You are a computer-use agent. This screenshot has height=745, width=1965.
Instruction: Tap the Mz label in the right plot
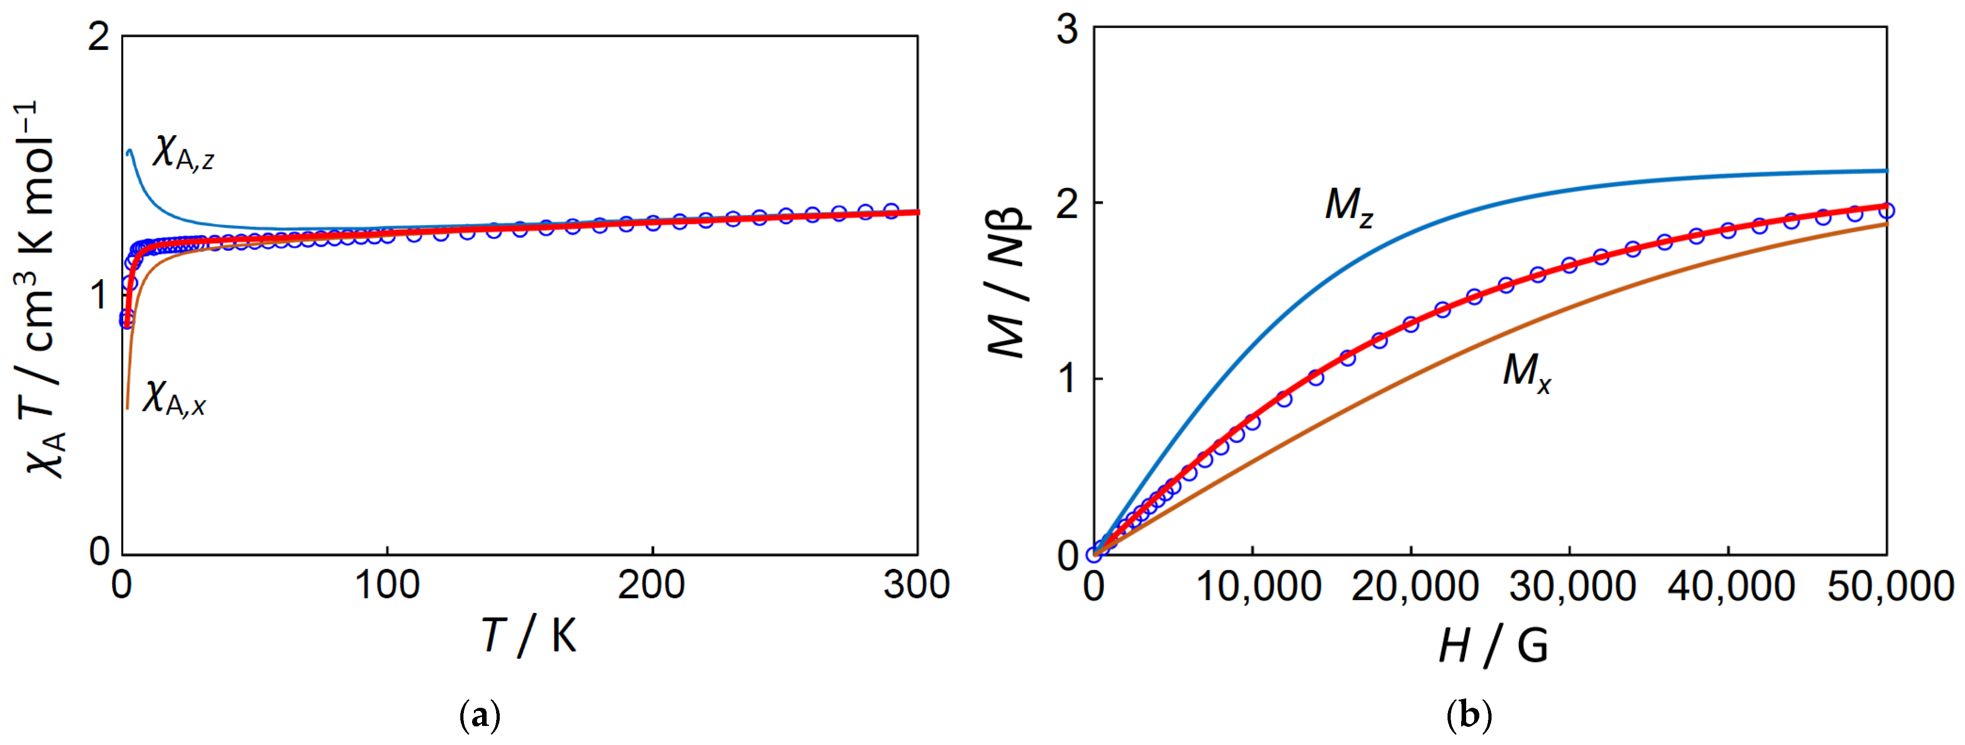1349,206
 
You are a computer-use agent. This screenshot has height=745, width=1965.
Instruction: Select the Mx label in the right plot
1527,372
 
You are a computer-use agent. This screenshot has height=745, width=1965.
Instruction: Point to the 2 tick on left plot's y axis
99,37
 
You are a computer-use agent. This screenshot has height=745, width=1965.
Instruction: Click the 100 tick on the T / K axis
388,586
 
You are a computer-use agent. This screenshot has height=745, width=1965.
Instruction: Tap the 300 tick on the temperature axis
916,586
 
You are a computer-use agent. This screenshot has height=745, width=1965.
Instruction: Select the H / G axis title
1493,646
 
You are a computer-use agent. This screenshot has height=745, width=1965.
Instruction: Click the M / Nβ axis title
1009,282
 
